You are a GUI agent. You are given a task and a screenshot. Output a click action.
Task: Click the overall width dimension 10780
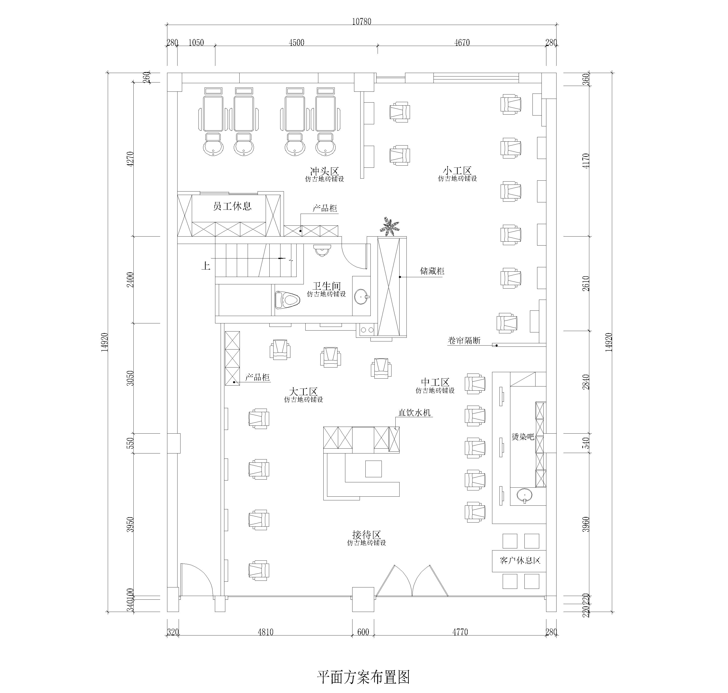click(x=361, y=21)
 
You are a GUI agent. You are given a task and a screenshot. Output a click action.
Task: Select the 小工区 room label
click(x=457, y=171)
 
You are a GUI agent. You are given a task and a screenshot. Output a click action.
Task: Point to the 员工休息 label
click(x=232, y=206)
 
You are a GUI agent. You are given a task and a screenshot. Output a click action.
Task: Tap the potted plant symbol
click(x=390, y=226)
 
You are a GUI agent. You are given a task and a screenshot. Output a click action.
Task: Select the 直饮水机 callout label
click(x=415, y=413)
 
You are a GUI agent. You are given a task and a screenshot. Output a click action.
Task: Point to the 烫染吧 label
click(x=523, y=437)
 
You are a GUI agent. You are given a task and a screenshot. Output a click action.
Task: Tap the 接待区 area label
click(x=366, y=535)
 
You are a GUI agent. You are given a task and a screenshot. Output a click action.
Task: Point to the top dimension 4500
click(x=296, y=43)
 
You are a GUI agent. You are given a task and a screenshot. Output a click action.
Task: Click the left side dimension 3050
click(x=130, y=378)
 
